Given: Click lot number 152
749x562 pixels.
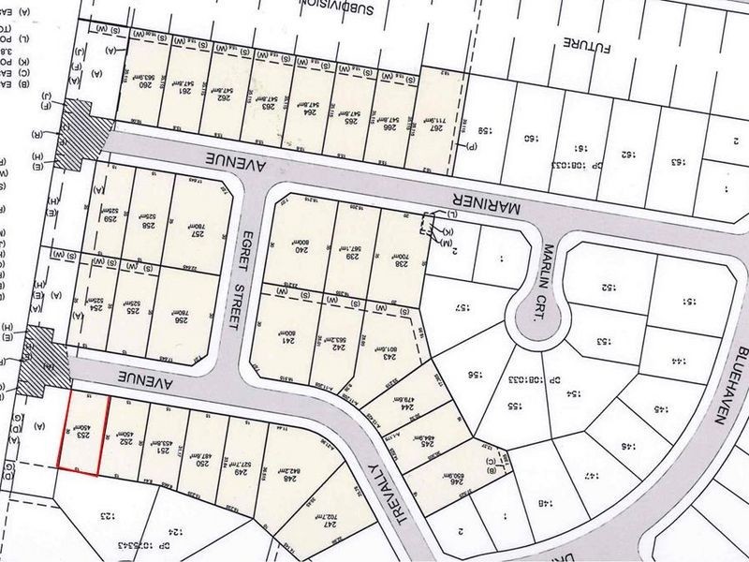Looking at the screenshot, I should point(606,287).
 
